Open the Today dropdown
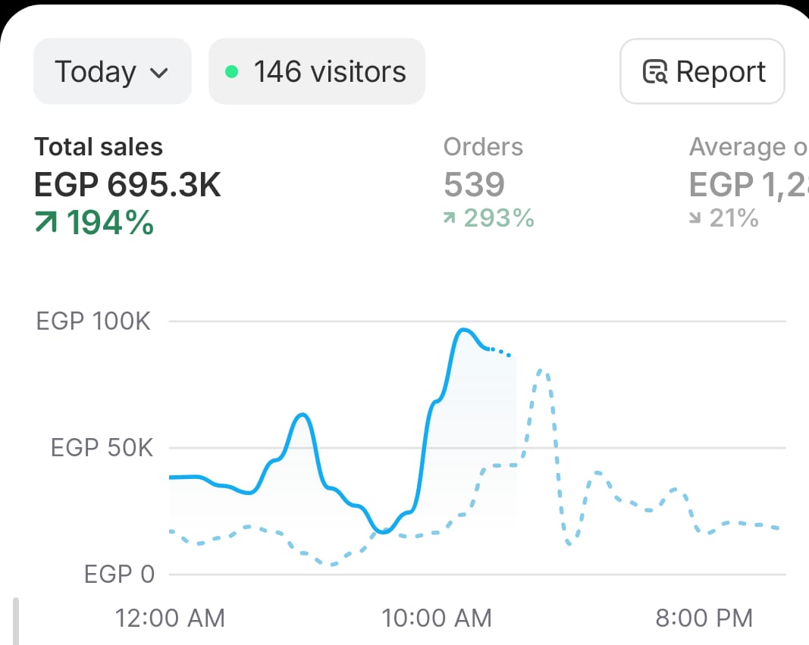[x=111, y=72]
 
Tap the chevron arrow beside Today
[x=159, y=73]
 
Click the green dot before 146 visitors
[x=232, y=72]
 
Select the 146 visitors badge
[x=317, y=72]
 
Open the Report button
[x=702, y=72]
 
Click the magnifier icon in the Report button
[x=655, y=73]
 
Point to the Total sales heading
[x=99, y=147]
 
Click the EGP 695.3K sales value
[x=127, y=184]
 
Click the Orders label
[x=483, y=146]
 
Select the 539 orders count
[x=474, y=184]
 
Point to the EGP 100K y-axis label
[x=93, y=321]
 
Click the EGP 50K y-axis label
[x=101, y=448]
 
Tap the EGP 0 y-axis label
[x=119, y=575]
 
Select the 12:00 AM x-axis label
[x=170, y=618]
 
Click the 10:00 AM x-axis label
[x=437, y=618]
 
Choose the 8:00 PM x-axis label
[x=704, y=618]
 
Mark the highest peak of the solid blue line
[x=463, y=330]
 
